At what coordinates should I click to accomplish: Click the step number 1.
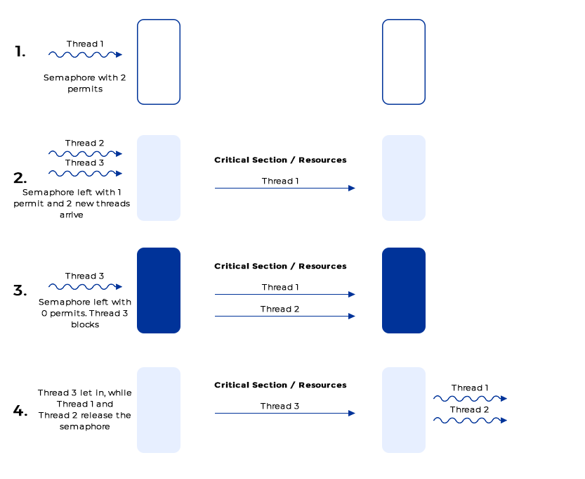(x=20, y=51)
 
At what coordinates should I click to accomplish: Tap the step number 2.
(x=20, y=177)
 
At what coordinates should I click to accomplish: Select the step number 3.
(x=20, y=290)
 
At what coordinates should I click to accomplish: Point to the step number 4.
(x=20, y=411)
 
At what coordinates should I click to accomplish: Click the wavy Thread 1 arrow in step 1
(x=85, y=54)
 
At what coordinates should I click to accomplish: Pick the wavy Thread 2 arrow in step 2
(x=85, y=153)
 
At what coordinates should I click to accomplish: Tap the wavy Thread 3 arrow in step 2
(x=85, y=173)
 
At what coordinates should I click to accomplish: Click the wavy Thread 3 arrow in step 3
(x=85, y=286)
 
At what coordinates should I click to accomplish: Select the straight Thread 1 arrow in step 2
(x=284, y=189)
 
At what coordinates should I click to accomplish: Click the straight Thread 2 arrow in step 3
(x=284, y=317)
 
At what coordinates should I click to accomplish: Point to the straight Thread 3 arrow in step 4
(x=284, y=414)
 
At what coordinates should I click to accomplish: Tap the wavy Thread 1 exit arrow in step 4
(x=469, y=398)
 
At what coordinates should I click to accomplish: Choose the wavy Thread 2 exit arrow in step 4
(x=469, y=420)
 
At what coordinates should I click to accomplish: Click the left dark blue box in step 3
(x=159, y=290)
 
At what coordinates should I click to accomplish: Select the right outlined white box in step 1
(x=404, y=62)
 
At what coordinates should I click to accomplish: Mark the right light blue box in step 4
(x=404, y=410)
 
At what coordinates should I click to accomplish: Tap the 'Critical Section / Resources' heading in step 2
(x=280, y=160)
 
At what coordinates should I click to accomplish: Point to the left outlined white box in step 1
(x=159, y=62)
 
